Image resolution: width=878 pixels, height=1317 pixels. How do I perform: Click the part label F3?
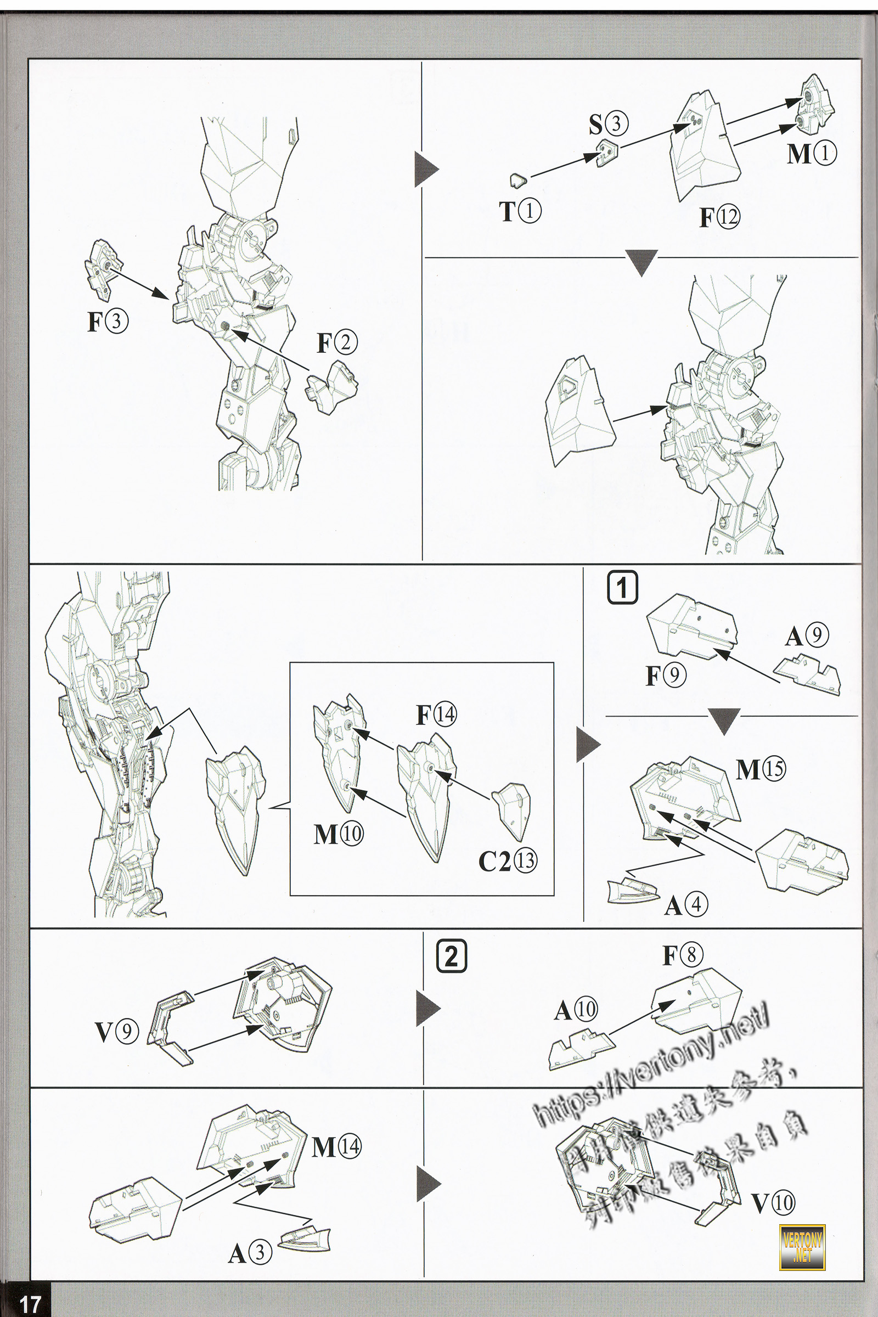pyautogui.click(x=108, y=322)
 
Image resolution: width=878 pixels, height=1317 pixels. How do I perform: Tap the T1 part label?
pyautogui.click(x=520, y=211)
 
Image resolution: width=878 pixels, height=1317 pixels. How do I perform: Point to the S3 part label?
pyautogui.click(x=608, y=124)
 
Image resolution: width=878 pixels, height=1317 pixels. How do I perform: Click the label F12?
pyautogui.click(x=719, y=217)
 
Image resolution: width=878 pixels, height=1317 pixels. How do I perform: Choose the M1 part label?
pyautogui.click(x=812, y=154)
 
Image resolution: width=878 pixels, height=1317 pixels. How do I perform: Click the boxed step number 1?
pyautogui.click(x=622, y=587)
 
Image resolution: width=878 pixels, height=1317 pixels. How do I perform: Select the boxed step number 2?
pyautogui.click(x=451, y=956)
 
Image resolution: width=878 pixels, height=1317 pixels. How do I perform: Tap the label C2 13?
pyautogui.click(x=507, y=860)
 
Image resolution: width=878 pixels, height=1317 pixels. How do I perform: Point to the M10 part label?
pyautogui.click(x=338, y=834)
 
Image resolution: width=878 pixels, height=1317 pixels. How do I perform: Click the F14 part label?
pyautogui.click(x=436, y=714)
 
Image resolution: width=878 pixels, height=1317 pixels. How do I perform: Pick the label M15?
pyautogui.click(x=761, y=770)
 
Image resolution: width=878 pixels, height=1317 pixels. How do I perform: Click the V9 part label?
pyautogui.click(x=116, y=1032)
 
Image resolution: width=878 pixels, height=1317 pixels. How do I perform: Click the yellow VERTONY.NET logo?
pyautogui.click(x=802, y=1247)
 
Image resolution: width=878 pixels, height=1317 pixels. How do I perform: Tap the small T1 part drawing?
pyautogui.click(x=519, y=181)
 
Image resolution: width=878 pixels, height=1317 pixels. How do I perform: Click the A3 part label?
pyautogui.click(x=250, y=1254)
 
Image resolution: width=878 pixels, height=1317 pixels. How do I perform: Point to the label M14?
pyautogui.click(x=336, y=1147)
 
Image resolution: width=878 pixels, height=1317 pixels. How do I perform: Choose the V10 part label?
pyautogui.click(x=773, y=1202)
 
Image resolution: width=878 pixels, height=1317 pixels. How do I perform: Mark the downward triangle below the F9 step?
pyautogui.click(x=723, y=720)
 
